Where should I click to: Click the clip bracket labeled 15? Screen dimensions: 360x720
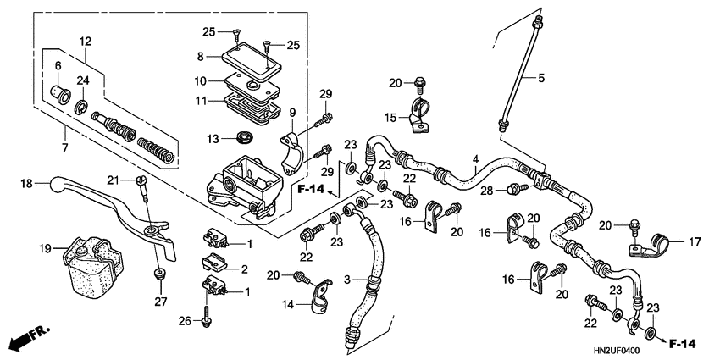click(417, 116)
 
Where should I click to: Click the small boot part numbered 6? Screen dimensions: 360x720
click(58, 89)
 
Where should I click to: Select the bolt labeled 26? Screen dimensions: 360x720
click(206, 318)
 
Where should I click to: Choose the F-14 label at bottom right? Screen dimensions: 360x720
click(681, 343)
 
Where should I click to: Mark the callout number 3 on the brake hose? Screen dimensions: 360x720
click(348, 279)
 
